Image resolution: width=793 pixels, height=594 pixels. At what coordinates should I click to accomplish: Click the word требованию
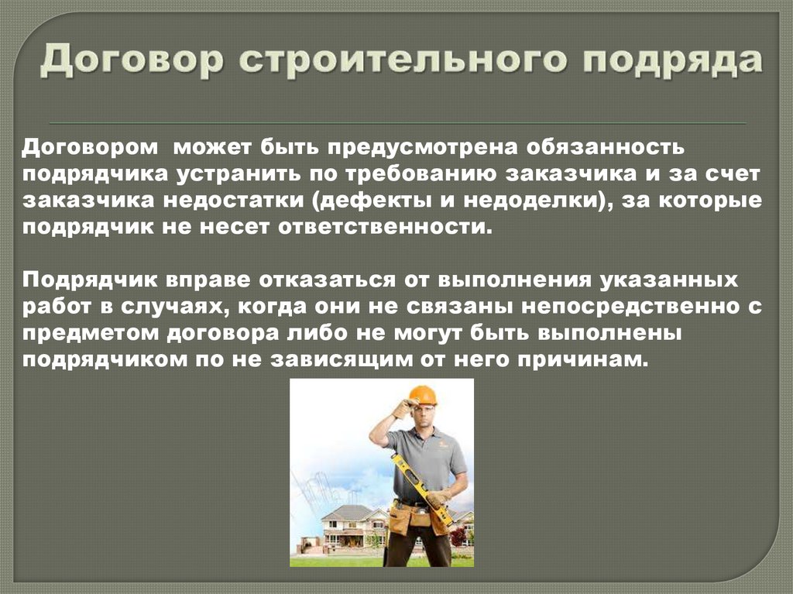click(x=439, y=174)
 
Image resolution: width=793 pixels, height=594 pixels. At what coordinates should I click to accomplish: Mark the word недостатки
click(x=235, y=201)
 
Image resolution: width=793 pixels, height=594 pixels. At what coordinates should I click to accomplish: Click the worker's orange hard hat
click(x=423, y=395)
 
